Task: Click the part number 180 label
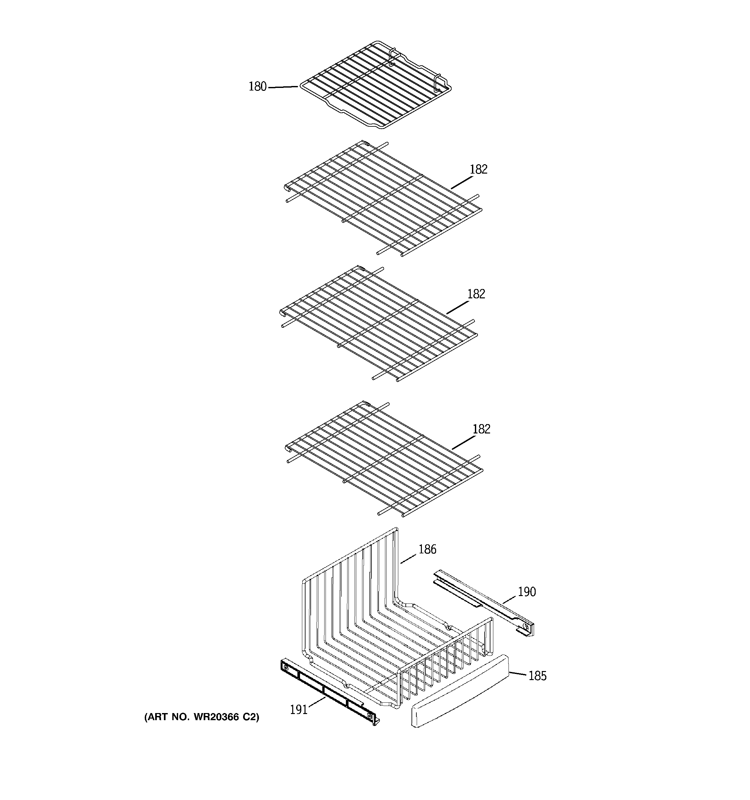point(257,87)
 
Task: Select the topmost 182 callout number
point(478,169)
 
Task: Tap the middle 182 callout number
point(476,294)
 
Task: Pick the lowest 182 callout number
point(481,429)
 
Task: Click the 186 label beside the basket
point(427,549)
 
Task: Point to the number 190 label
point(527,592)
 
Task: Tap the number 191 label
point(299,709)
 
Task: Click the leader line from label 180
point(283,87)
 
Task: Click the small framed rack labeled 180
point(374,84)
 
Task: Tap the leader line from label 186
point(408,559)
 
